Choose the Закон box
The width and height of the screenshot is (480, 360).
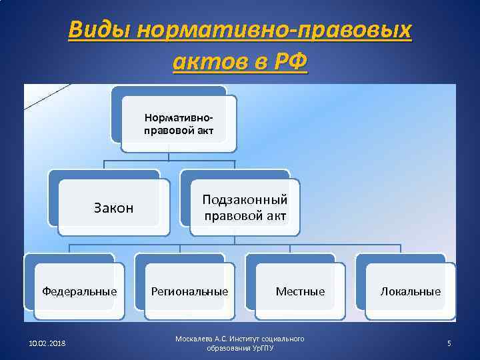point(113,208)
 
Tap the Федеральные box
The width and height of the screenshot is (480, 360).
point(79,291)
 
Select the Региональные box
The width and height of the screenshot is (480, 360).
point(189,291)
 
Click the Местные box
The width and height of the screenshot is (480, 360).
point(300,291)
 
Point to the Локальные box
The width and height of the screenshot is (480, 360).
point(410,291)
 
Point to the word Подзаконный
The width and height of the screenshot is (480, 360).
point(245,200)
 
